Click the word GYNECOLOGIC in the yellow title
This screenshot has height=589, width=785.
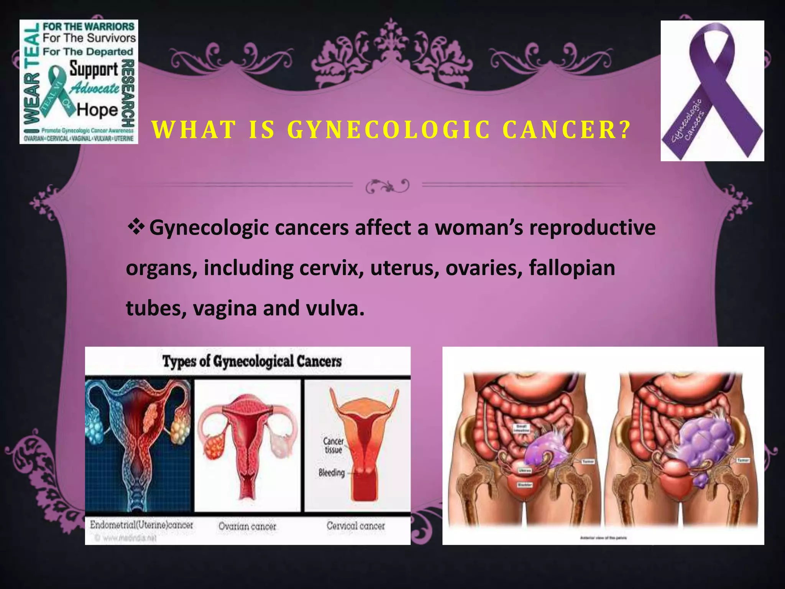(x=389, y=130)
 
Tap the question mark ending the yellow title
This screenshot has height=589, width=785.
(x=625, y=130)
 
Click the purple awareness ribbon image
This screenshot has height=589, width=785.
(x=712, y=91)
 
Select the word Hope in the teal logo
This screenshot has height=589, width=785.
(x=97, y=110)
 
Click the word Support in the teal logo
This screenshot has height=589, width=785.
(x=94, y=70)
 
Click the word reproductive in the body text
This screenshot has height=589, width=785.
(x=592, y=227)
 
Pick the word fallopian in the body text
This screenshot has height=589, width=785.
(x=572, y=268)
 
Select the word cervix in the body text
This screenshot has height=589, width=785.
(x=331, y=268)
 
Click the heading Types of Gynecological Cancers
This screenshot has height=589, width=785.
(x=252, y=361)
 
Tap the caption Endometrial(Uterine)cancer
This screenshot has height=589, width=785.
(x=141, y=525)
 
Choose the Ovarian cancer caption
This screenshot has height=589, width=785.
(x=247, y=526)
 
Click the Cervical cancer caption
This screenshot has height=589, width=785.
(x=355, y=526)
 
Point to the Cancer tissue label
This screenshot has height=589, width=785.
(x=333, y=445)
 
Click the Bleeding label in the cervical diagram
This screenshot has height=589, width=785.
(x=332, y=473)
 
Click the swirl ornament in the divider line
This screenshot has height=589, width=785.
(x=388, y=186)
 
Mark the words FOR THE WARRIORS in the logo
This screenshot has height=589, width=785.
(x=89, y=27)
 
